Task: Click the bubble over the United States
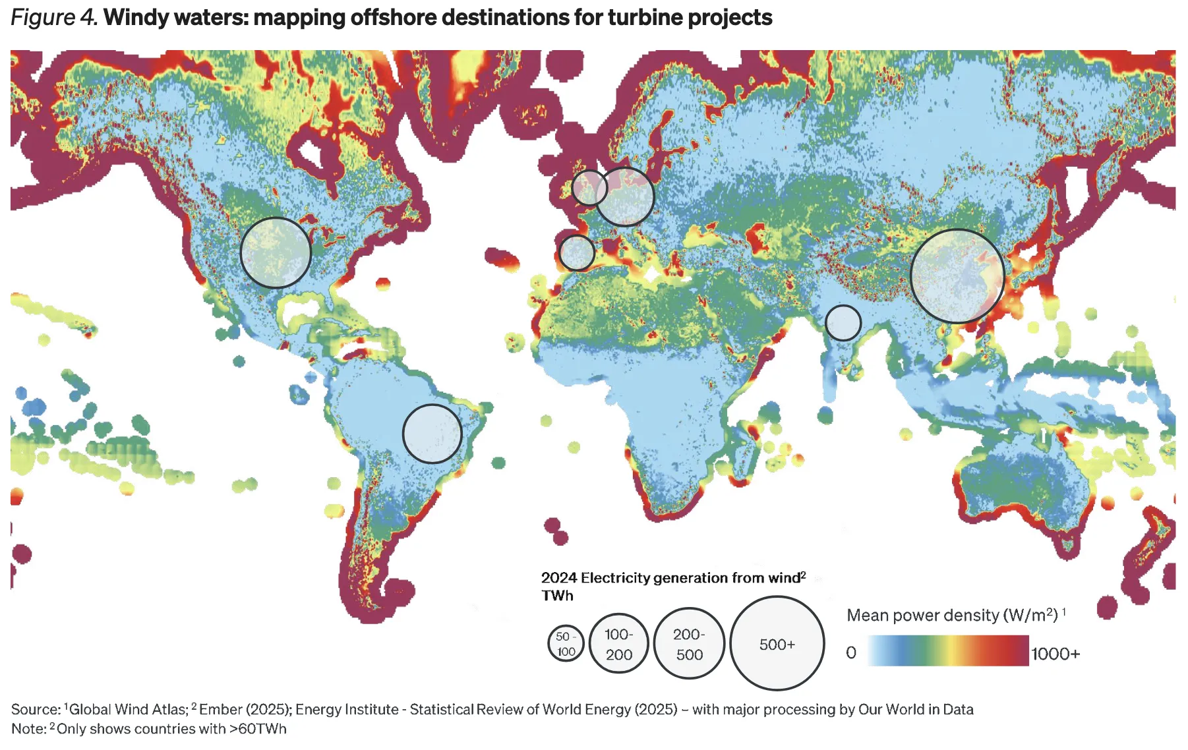pos(276,252)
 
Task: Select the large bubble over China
pos(957,276)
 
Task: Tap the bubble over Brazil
pos(432,434)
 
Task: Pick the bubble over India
pos(843,323)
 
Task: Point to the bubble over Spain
pos(577,253)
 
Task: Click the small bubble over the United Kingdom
pos(589,188)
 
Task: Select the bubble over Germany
pos(625,196)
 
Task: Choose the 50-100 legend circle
pos(566,643)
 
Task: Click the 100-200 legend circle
pos(618,644)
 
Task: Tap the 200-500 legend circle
pos(689,644)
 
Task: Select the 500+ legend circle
pos(777,644)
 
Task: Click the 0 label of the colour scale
pos(851,652)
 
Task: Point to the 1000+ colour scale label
pos(1055,654)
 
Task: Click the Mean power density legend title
pos(952,615)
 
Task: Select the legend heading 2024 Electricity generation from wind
pos(670,578)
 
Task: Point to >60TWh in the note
pos(257,729)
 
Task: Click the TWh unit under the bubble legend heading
pos(557,596)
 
